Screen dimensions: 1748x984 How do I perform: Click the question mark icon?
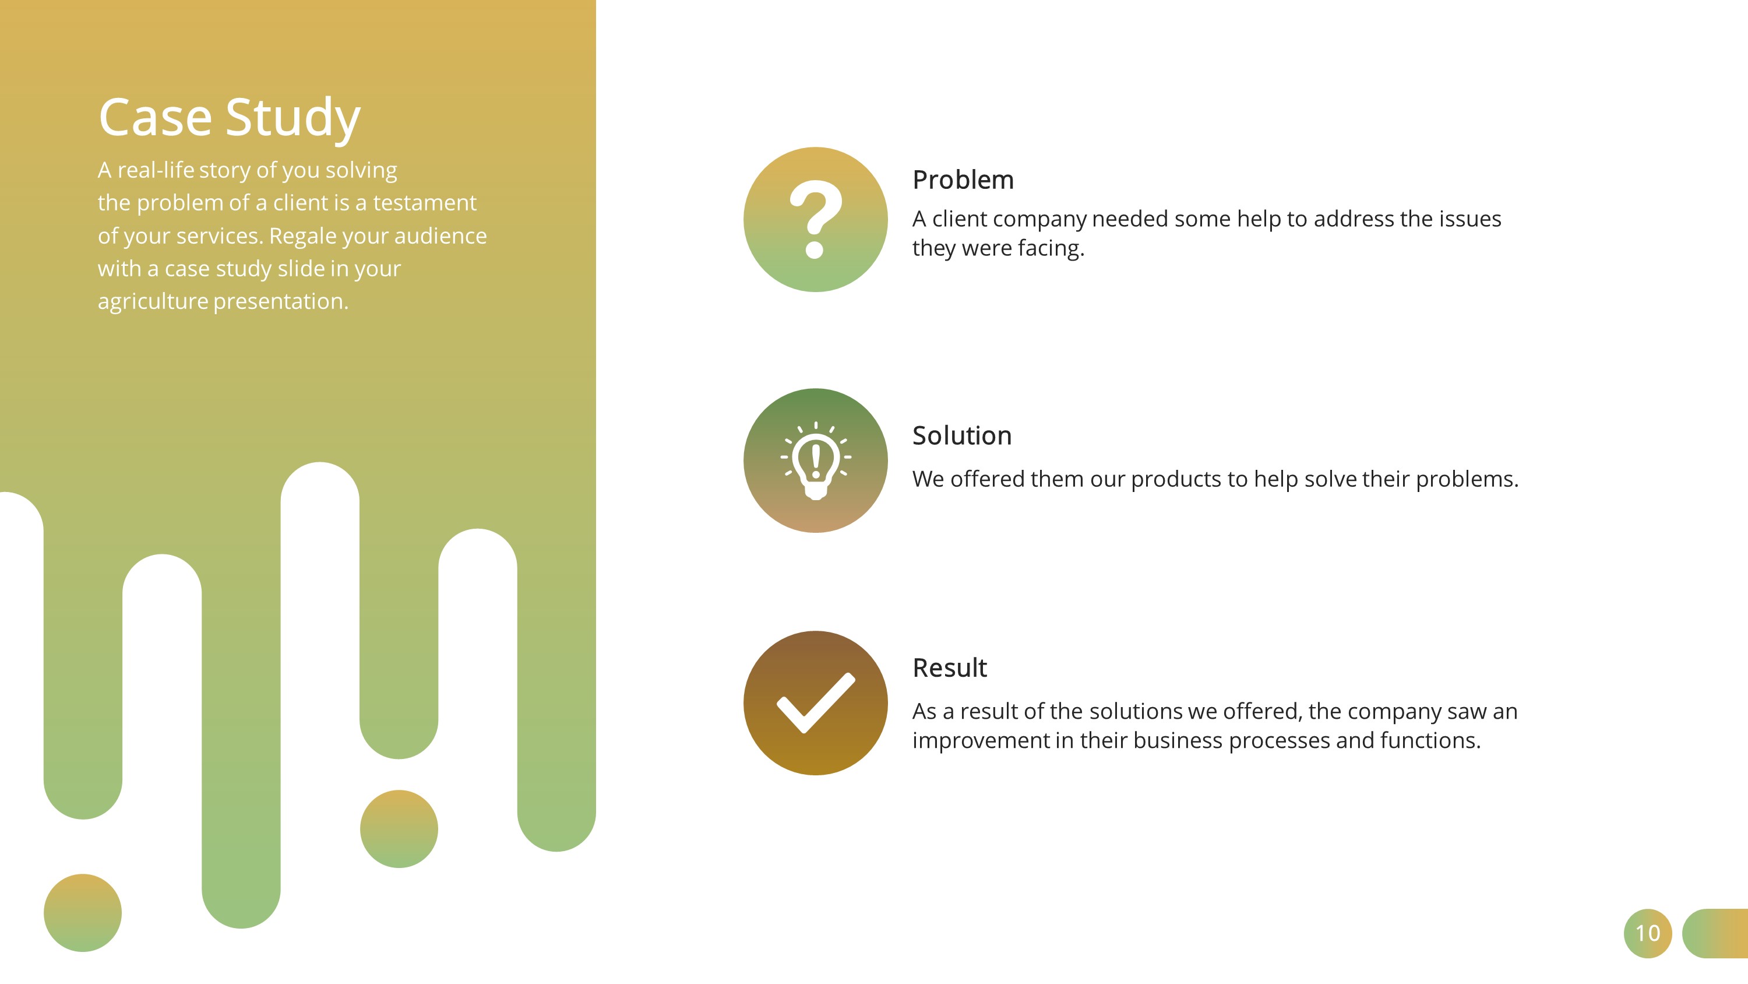point(816,219)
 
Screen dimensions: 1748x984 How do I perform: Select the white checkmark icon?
point(816,703)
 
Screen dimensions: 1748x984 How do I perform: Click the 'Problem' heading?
point(963,180)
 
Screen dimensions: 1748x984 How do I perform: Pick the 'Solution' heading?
point(961,435)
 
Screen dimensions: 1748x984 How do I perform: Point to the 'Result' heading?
point(949,667)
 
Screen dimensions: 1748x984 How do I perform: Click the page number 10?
point(1648,933)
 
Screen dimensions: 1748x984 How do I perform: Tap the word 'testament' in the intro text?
point(425,202)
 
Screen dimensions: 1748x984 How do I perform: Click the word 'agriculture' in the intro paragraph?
point(153,301)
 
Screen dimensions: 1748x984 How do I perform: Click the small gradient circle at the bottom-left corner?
point(83,913)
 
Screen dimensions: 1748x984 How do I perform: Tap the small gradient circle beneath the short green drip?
point(399,828)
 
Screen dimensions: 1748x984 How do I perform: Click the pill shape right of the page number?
point(1715,933)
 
